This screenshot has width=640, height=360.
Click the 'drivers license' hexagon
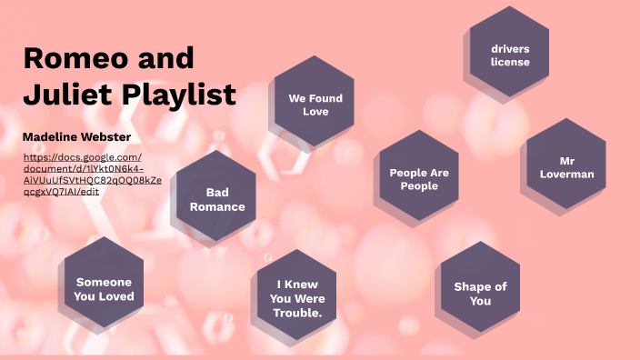pos(509,55)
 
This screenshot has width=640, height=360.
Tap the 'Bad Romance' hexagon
pos(216,198)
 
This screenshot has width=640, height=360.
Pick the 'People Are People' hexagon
pos(419,178)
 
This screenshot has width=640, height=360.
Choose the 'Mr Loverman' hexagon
pos(565,166)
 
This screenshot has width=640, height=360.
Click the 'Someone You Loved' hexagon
pos(105,288)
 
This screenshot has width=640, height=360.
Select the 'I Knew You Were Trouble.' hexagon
pos(298,297)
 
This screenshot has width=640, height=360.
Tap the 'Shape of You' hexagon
pos(480,293)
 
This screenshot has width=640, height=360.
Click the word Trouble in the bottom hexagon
pos(296,313)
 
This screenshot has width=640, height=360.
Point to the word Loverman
pos(565,173)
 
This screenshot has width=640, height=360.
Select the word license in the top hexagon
pos(509,62)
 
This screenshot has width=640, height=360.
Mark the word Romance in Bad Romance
pos(217,206)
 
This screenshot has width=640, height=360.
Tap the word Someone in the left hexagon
pos(105,282)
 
